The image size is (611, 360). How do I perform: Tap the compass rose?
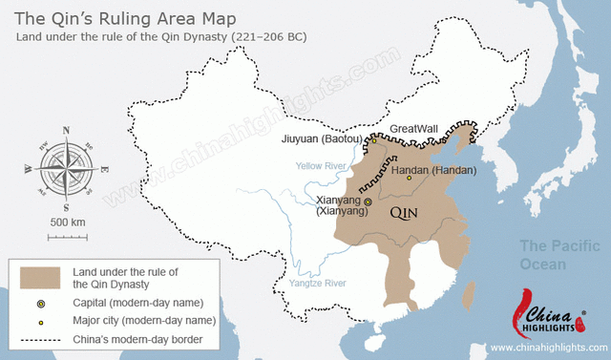(65, 168)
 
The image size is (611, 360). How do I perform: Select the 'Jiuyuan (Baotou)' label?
(323, 139)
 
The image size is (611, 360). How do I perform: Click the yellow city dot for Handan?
(410, 179)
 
